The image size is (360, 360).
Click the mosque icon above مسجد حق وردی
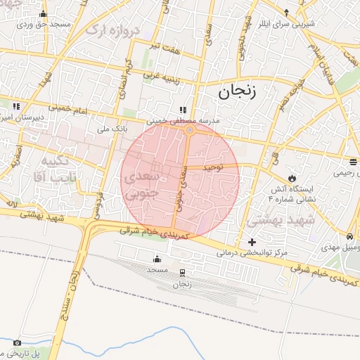[44, 14]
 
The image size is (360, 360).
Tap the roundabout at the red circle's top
[190, 130]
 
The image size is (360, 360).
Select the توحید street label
[213, 169]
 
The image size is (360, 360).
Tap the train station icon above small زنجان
[183, 273]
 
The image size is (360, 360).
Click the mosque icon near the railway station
[157, 259]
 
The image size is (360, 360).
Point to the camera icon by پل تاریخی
[18, 342]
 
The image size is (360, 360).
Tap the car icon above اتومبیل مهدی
[349, 237]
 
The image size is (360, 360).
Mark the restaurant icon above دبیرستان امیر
[15, 106]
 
